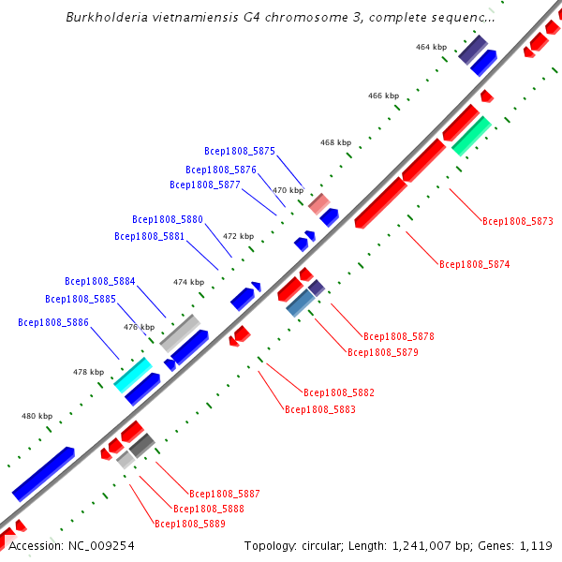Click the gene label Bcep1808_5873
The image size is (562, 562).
[x=518, y=222]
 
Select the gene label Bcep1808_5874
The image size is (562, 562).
[x=475, y=265]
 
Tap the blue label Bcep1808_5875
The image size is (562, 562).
[x=240, y=151]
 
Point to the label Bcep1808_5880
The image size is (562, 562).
[x=168, y=219]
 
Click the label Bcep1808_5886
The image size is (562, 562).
[x=53, y=322]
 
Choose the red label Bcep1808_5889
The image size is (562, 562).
[x=190, y=525]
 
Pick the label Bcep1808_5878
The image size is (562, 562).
[x=399, y=336]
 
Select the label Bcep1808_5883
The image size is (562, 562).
[x=320, y=409]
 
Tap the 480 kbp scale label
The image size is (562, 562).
[x=37, y=416]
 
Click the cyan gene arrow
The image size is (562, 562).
[x=132, y=374]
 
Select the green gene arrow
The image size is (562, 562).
[x=471, y=135]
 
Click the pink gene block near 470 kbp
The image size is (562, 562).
[x=319, y=203]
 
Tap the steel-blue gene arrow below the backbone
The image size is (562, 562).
[x=300, y=302]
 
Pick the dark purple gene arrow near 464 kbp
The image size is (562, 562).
[x=472, y=50]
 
